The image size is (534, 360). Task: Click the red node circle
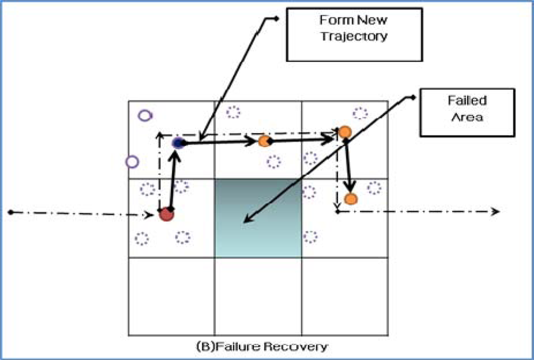tap(166, 214)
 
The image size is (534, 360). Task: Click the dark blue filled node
tap(178, 142)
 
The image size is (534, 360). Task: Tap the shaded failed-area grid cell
tap(258, 218)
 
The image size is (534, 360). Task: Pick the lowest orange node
tap(350, 199)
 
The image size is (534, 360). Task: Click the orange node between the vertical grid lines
tap(264, 141)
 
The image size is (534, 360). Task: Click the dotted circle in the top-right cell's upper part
tap(360, 113)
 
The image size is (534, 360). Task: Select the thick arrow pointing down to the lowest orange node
tap(348, 167)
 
